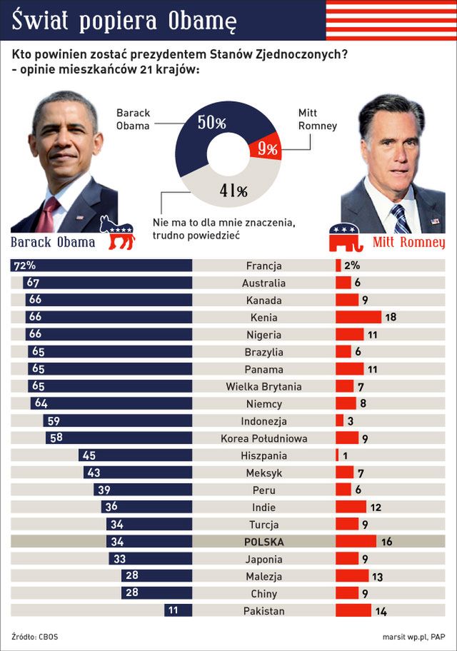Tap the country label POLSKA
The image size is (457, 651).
click(263, 542)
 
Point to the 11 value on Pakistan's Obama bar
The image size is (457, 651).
click(173, 611)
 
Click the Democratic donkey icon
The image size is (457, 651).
click(117, 233)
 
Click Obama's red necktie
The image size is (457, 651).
click(51, 214)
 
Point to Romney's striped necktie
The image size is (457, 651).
click(401, 218)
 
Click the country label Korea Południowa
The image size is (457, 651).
click(263, 438)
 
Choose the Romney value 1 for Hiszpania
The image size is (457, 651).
click(344, 455)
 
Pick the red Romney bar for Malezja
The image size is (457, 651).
click(351, 576)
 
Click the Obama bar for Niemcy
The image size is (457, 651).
click(111, 404)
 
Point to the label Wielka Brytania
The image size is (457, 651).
click(263, 386)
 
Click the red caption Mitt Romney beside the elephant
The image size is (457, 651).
click(408, 243)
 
